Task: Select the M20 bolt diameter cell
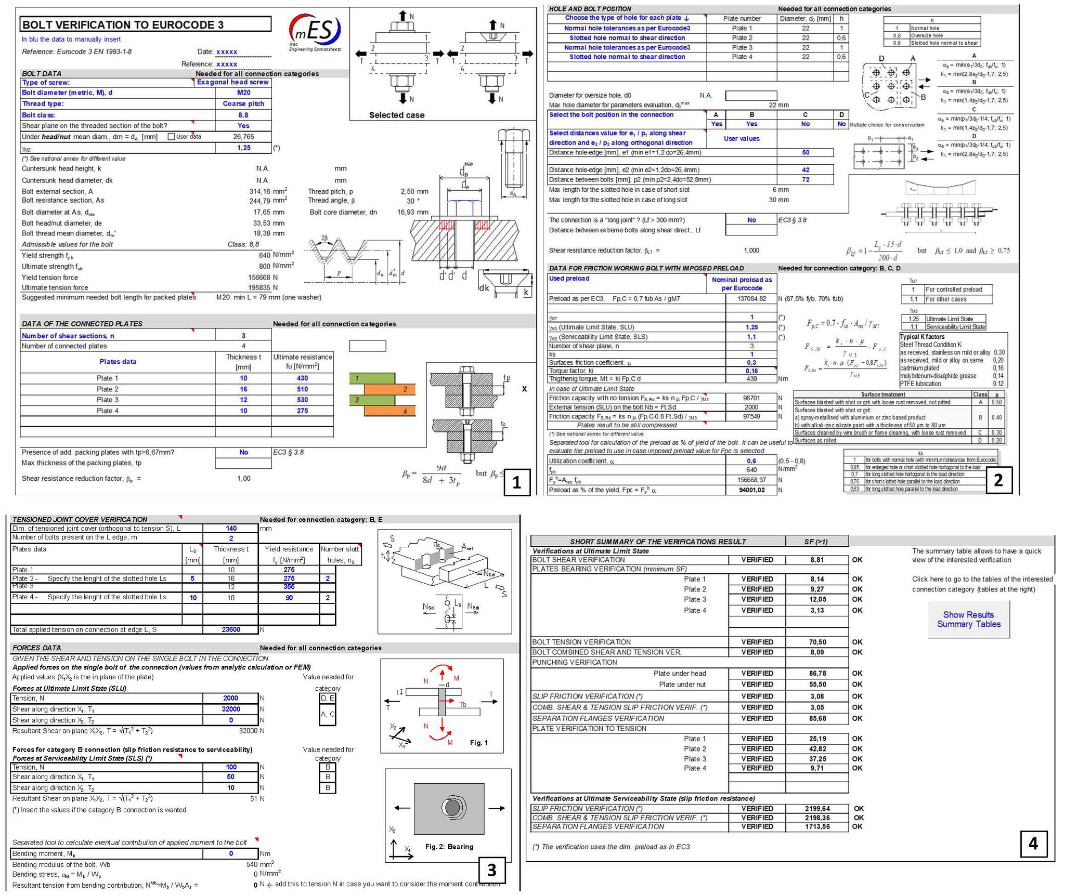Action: click(243, 93)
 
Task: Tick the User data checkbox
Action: click(171, 137)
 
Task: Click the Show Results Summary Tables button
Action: click(968, 619)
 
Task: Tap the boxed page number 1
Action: click(516, 482)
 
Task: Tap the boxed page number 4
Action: click(1033, 843)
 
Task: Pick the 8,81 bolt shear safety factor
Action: click(816, 560)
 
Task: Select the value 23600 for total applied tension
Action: click(231, 629)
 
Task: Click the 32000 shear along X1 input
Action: click(231, 709)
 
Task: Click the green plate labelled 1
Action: click(372, 378)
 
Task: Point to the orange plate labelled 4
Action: click(389, 411)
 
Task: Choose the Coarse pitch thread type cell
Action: click(243, 103)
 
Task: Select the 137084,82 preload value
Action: click(751, 299)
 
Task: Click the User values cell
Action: click(742, 139)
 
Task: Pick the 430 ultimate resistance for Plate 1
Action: click(302, 378)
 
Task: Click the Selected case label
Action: click(396, 115)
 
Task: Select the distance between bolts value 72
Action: click(806, 180)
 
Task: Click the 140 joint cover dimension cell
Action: click(231, 529)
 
